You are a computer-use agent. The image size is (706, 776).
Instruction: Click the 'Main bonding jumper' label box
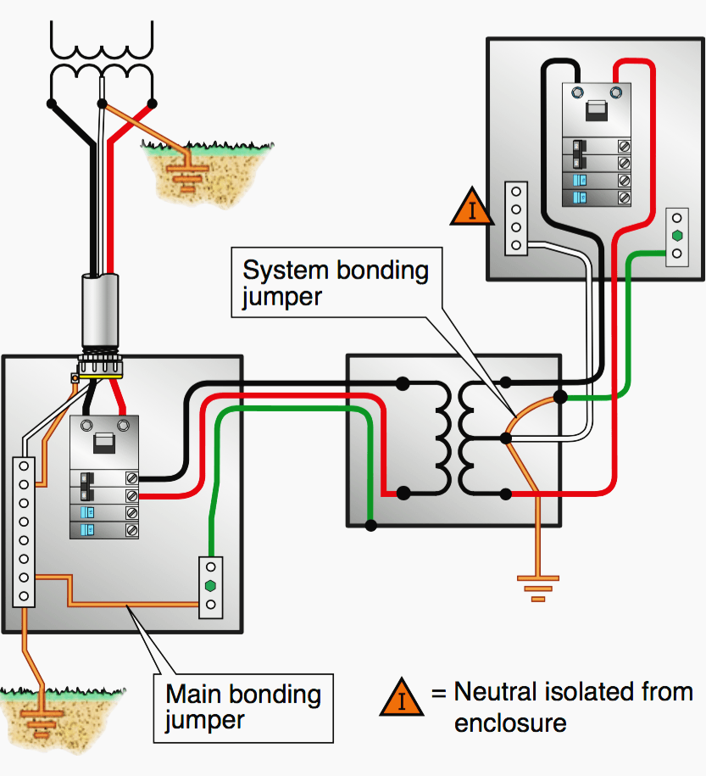tap(243, 707)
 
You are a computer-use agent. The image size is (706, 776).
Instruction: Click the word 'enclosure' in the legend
tap(510, 723)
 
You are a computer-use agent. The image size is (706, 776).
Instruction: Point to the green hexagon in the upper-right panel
tap(676, 236)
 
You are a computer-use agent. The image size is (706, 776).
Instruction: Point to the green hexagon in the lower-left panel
tap(210, 585)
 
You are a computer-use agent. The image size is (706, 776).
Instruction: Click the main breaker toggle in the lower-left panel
tap(103, 443)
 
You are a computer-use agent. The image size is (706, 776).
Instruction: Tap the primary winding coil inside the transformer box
tap(442, 438)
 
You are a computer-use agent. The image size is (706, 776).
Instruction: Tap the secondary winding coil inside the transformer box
tap(469, 438)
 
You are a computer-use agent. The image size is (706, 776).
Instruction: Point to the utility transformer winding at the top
tap(102, 55)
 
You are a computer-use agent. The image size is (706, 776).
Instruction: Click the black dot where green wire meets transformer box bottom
tap(370, 526)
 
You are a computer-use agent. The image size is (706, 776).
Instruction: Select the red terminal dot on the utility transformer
tap(153, 104)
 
